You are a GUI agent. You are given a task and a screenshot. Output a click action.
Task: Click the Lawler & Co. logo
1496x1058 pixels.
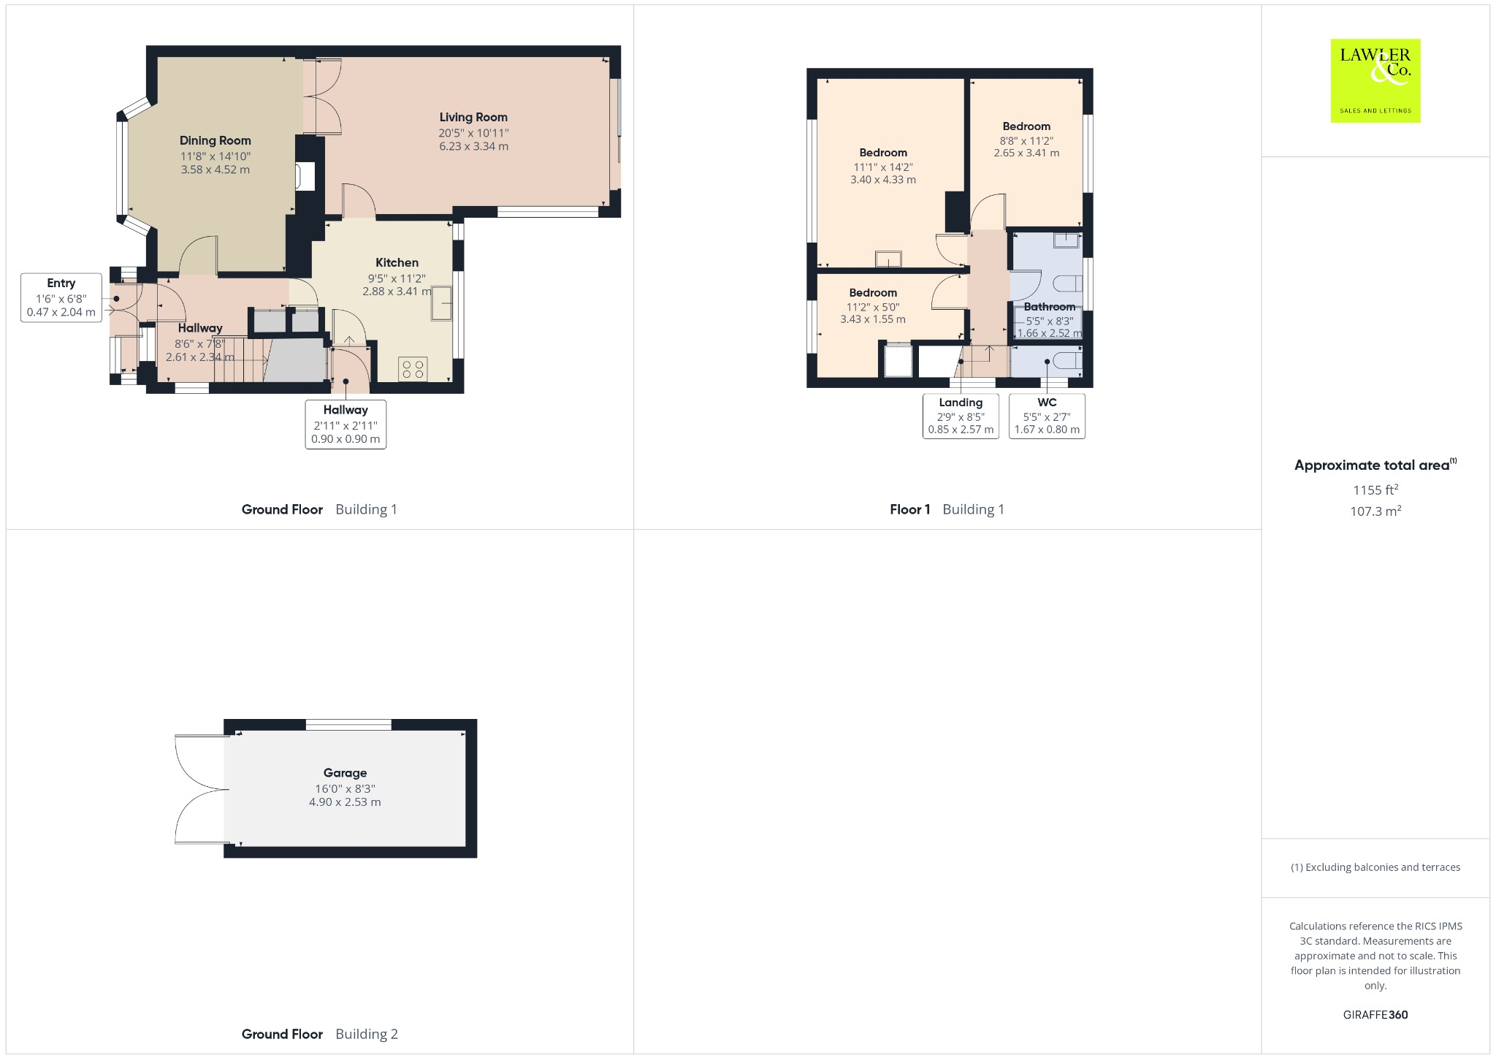pyautogui.click(x=1375, y=80)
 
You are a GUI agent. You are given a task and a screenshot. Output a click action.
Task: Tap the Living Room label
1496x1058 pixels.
pyautogui.click(x=473, y=117)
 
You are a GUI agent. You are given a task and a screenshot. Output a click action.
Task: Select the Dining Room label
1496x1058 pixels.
pyautogui.click(x=215, y=140)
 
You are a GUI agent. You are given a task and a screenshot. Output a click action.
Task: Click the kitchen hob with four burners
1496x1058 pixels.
pyautogui.click(x=413, y=369)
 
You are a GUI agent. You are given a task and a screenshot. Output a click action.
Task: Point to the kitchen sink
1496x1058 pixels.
pyautogui.click(x=442, y=304)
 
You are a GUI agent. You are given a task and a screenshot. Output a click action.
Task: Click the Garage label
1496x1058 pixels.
pyautogui.click(x=345, y=772)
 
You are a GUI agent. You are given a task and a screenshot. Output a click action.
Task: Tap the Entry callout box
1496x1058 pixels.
pyautogui.click(x=61, y=297)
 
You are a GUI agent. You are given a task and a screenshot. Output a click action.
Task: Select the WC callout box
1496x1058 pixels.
pyautogui.click(x=1047, y=416)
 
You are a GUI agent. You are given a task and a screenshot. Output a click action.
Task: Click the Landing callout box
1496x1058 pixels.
pyautogui.click(x=961, y=416)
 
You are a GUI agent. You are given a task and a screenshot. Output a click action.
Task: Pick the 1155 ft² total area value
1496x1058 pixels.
pyautogui.click(x=1375, y=490)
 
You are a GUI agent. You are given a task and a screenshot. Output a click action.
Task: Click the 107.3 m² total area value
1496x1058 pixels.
pyautogui.click(x=1375, y=511)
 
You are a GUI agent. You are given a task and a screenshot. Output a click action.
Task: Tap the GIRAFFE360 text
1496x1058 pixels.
pyautogui.click(x=1375, y=1014)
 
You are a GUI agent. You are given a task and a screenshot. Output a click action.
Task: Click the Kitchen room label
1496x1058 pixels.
pyautogui.click(x=397, y=262)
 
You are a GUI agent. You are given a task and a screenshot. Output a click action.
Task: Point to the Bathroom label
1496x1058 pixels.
pyautogui.click(x=1049, y=307)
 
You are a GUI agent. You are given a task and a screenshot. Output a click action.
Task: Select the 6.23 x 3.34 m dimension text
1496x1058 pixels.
pyautogui.click(x=473, y=146)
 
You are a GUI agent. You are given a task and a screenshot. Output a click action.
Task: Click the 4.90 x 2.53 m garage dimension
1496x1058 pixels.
pyautogui.click(x=345, y=802)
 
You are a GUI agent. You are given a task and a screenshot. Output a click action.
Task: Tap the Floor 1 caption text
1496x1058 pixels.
pyautogui.click(x=909, y=509)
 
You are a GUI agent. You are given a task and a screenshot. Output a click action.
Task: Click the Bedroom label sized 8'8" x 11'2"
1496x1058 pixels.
pyautogui.click(x=1026, y=126)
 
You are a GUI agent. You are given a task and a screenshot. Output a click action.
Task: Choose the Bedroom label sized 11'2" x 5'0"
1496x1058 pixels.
pyautogui.click(x=873, y=292)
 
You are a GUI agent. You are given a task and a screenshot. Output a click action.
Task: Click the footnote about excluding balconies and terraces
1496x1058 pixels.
pyautogui.click(x=1375, y=867)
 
